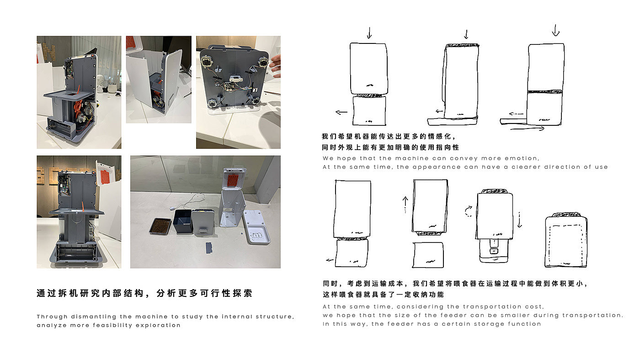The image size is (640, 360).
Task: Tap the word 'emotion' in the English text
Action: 522,158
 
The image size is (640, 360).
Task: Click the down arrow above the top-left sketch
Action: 369,33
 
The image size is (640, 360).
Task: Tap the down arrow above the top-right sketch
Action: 556,30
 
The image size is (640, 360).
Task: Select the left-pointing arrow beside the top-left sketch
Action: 341,112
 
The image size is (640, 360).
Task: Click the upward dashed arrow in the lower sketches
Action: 405,205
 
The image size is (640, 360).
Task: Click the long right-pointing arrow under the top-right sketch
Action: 528,129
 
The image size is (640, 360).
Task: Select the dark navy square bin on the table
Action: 182,221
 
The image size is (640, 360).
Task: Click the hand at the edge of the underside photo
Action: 275,66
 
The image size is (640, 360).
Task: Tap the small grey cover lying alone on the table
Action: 209,248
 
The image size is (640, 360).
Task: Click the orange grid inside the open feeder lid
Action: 233,180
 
